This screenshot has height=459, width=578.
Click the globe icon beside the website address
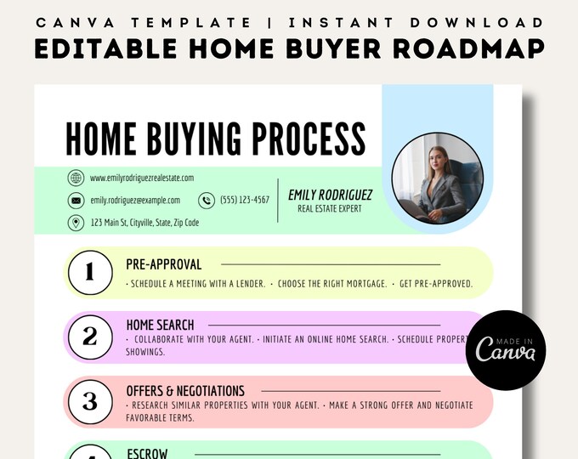76,178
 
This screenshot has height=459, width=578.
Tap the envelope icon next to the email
76,201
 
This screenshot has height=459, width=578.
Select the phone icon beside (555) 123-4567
207,201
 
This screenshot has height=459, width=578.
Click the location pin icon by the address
76,223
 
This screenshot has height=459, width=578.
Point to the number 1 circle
89,273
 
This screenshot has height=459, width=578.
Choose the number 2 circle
89,337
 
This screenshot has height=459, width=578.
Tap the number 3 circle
89,401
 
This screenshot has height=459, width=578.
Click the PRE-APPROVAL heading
164,264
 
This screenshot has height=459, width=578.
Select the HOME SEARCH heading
160,325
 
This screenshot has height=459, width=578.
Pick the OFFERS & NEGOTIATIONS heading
185,391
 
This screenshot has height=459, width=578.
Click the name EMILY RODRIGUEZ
330,195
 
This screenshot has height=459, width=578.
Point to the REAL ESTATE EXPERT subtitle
330,208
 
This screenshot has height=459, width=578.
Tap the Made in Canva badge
506,349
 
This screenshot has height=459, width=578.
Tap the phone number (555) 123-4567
245,201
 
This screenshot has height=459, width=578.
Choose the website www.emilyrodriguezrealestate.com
142,178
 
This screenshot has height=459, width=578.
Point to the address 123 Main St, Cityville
144,223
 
